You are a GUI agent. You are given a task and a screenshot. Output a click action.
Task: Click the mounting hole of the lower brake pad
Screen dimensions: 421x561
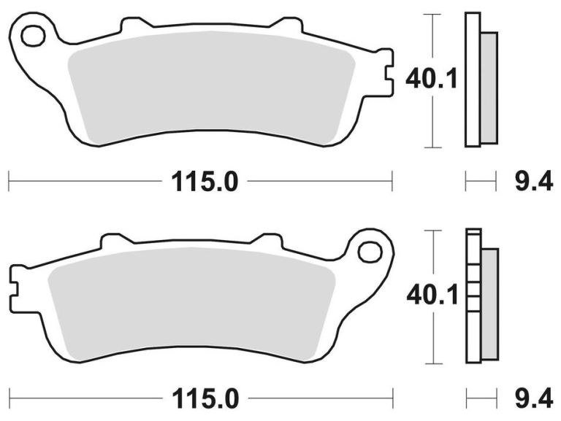[370, 252]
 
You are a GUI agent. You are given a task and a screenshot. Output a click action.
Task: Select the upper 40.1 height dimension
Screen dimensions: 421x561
[431, 79]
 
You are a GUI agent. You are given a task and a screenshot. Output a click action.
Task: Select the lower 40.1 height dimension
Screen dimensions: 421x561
[431, 296]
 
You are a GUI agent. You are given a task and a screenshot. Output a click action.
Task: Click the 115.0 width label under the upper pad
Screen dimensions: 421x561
[205, 181]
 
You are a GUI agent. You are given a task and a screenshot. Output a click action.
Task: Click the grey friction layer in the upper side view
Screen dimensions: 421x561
[489, 88]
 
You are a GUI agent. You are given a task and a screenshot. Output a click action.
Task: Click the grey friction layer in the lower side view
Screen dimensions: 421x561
[489, 302]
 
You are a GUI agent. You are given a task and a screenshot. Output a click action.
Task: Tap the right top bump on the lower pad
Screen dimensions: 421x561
[267, 241]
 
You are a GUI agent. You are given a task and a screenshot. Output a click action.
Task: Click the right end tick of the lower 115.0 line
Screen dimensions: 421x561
[392, 398]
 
